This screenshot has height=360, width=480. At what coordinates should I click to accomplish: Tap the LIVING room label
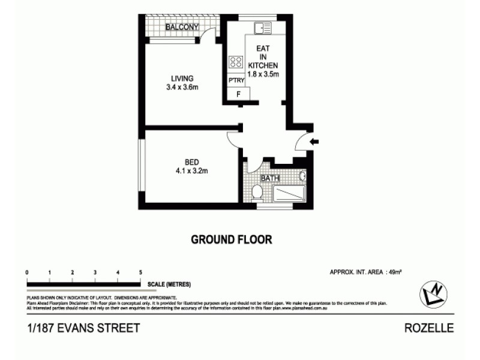[182, 79]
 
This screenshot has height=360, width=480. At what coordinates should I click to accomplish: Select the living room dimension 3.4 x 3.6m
[182, 88]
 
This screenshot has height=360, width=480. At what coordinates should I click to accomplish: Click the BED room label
[191, 161]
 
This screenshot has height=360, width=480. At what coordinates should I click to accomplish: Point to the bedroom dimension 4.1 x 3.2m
[191, 170]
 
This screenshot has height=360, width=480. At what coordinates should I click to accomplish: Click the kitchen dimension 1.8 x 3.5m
[263, 74]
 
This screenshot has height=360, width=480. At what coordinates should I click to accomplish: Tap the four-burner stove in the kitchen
[235, 61]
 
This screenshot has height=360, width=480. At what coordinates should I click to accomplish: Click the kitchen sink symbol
[262, 28]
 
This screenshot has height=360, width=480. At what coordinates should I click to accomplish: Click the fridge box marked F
[238, 94]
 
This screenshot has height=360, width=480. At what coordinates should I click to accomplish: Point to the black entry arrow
[314, 142]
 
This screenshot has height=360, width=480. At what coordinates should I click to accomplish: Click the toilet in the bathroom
[257, 192]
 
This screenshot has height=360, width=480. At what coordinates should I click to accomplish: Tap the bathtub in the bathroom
[289, 194]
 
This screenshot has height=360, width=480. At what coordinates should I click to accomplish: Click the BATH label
[269, 178]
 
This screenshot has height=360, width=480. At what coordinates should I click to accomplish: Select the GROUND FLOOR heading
[231, 239]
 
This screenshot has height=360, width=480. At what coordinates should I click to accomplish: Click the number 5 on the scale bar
[140, 272]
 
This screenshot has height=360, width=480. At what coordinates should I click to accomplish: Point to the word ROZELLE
[429, 328]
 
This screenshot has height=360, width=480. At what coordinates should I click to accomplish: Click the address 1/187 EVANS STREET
[83, 328]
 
